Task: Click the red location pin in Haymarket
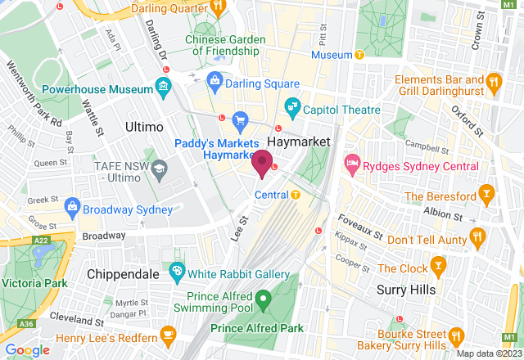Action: click(262, 162)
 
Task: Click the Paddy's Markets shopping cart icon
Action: click(240, 121)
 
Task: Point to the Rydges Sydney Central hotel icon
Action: click(353, 164)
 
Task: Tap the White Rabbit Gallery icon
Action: click(176, 272)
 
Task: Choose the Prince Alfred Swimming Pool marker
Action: click(263, 299)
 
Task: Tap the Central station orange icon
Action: click(296, 195)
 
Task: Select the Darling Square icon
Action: click(215, 80)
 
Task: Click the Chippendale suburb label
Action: click(122, 275)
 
